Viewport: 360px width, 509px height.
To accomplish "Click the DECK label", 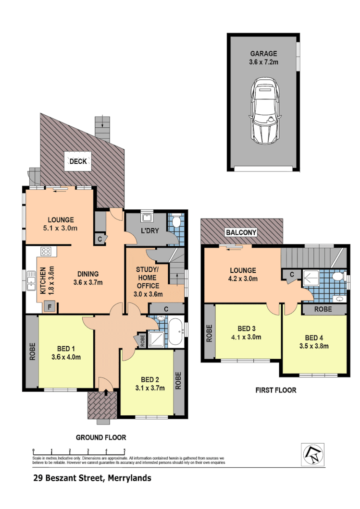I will point(78,161).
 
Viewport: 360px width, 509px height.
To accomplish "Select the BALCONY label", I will point(242,233).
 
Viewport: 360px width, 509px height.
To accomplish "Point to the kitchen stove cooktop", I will point(47,251).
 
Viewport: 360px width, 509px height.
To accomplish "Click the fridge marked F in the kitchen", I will point(49,306).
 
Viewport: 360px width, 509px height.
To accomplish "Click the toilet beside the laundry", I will point(176,222).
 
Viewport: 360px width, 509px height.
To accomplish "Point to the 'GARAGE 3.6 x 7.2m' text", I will point(263,58).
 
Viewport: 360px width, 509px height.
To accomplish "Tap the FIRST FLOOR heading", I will point(275,390).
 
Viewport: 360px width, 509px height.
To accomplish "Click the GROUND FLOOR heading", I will point(101,437).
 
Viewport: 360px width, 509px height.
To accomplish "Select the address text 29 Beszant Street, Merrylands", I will point(92,478).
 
